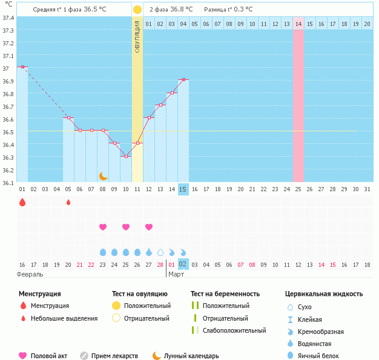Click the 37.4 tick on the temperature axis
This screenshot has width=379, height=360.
point(8,18)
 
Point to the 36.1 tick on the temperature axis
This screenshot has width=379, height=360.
point(8,182)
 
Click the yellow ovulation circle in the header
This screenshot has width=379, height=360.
point(137,10)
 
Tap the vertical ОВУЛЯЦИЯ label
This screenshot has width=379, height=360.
point(137,36)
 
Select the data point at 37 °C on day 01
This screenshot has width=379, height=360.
point(22,67)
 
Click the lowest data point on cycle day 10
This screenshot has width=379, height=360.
point(126,156)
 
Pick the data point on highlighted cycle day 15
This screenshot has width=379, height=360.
point(183,79)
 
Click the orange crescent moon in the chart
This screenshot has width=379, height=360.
point(104,175)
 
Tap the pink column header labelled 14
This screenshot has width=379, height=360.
point(298,24)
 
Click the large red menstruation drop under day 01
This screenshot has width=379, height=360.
point(22,203)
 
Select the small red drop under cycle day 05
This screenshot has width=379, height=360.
point(68,202)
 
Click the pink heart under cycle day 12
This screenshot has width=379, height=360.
point(149,227)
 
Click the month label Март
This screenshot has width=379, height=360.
point(177,275)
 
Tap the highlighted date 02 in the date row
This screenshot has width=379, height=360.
point(183,264)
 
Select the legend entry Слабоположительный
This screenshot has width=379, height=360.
point(234,330)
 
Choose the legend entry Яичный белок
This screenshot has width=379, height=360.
point(318,356)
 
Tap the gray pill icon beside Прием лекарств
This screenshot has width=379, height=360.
point(84,356)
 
